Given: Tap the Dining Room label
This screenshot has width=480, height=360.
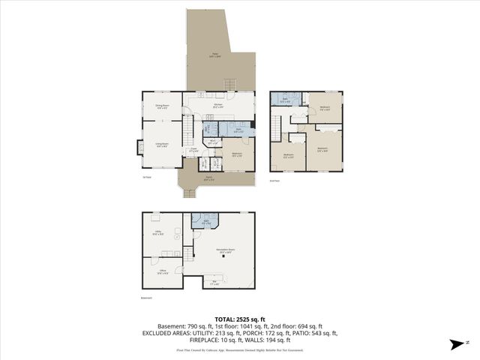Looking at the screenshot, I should click(x=162, y=107).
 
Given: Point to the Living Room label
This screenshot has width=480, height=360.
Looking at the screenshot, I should click(x=161, y=145).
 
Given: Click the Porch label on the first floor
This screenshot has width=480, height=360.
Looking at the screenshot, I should click(x=209, y=179).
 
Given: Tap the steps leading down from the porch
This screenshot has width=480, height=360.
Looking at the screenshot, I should click(x=190, y=193).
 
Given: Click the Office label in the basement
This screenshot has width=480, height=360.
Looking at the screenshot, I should click(x=162, y=273).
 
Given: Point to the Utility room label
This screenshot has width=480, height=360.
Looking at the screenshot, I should click(x=160, y=233).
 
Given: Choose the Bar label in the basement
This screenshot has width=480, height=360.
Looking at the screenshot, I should click(x=214, y=283).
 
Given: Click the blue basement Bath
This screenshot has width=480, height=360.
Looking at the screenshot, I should click(x=204, y=220).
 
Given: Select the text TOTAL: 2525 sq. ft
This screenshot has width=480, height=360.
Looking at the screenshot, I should click(x=239, y=319).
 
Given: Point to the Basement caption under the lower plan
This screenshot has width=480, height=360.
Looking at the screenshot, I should click(x=147, y=298).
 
